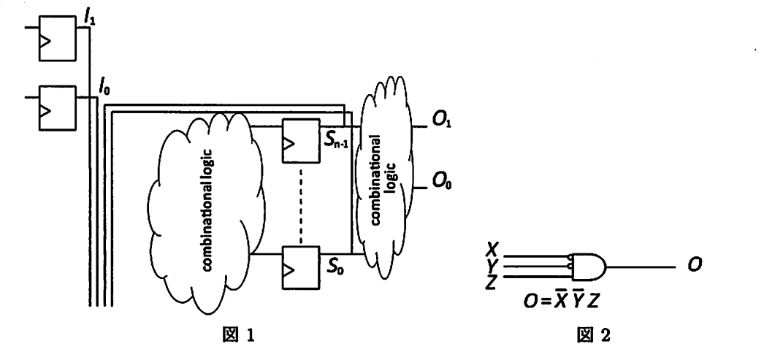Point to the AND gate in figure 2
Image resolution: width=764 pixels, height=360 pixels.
coord(589,267)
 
